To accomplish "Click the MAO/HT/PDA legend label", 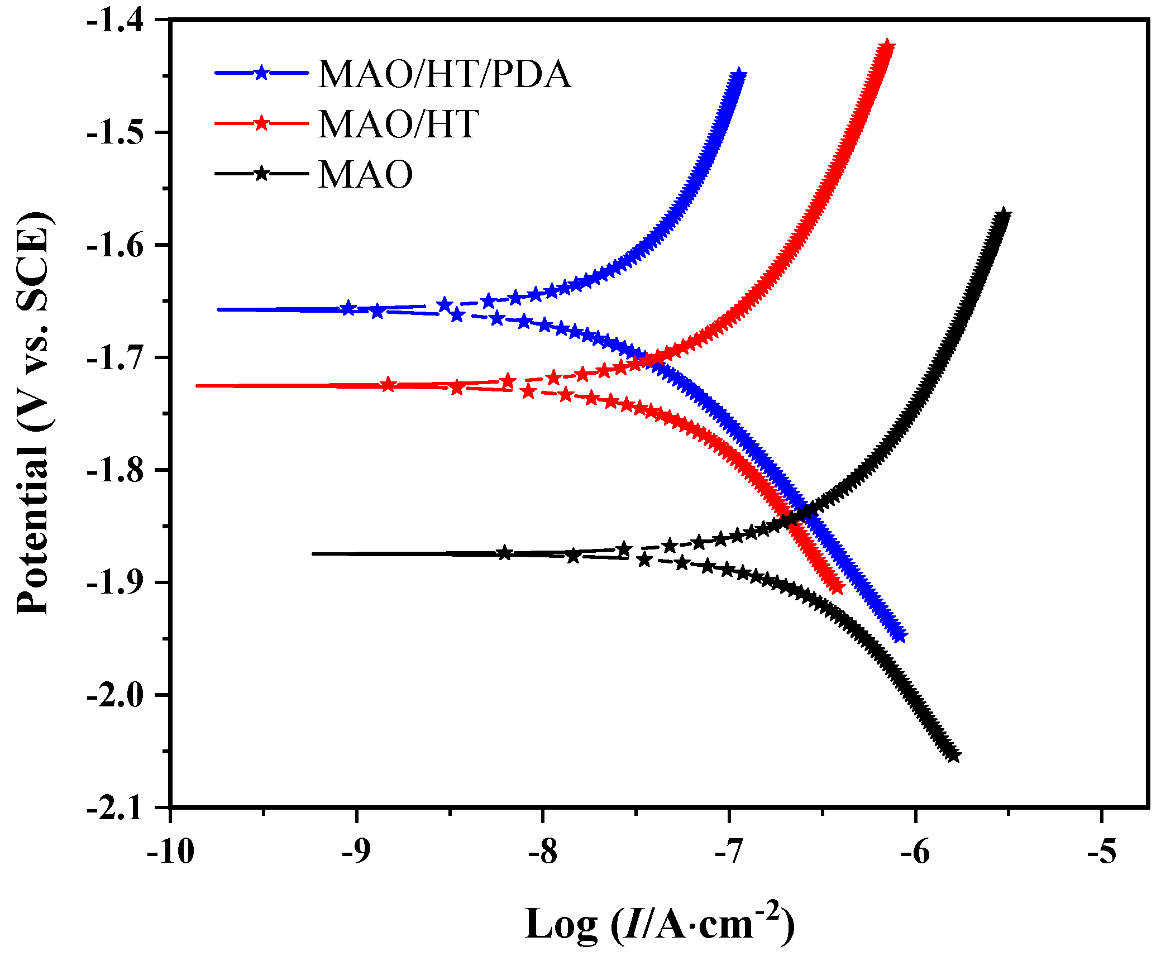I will (x=445, y=74).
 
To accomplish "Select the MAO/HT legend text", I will (x=398, y=124).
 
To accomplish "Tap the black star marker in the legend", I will (x=261, y=173).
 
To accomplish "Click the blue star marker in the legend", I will (x=261, y=73).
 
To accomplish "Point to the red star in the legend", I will (x=261, y=123).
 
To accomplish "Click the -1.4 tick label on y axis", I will (x=122, y=20).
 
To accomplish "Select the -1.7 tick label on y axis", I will (x=122, y=357).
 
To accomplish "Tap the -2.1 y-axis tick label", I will (x=122, y=808).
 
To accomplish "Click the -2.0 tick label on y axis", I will (x=122, y=695).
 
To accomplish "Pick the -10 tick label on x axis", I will (x=170, y=852).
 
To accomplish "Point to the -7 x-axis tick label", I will (x=729, y=852).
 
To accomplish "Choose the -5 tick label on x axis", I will (x=1101, y=852).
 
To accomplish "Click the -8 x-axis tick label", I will (x=542, y=852).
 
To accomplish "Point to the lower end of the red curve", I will (x=837, y=587).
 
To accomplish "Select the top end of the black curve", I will (x=1004, y=215).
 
